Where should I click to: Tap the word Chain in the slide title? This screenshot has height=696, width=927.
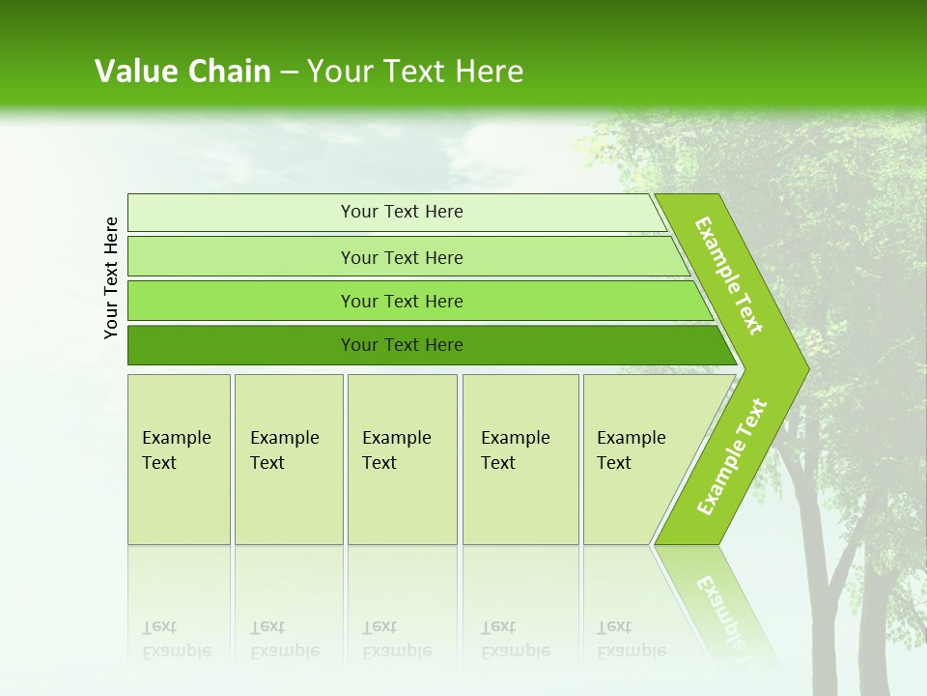(x=230, y=72)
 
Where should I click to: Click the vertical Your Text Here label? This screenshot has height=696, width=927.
(x=111, y=277)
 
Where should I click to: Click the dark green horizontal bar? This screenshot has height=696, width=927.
(x=241, y=345)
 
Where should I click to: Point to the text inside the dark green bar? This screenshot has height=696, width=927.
(x=402, y=345)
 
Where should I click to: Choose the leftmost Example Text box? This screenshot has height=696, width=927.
(x=179, y=459)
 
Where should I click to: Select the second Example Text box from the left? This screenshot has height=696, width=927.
(x=288, y=459)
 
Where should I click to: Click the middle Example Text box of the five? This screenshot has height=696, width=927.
(x=402, y=459)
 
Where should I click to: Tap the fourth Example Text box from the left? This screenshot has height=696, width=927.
(x=520, y=459)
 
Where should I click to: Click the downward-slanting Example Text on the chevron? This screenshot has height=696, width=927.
(x=729, y=276)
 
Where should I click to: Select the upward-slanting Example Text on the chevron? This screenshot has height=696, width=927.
(x=731, y=457)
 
